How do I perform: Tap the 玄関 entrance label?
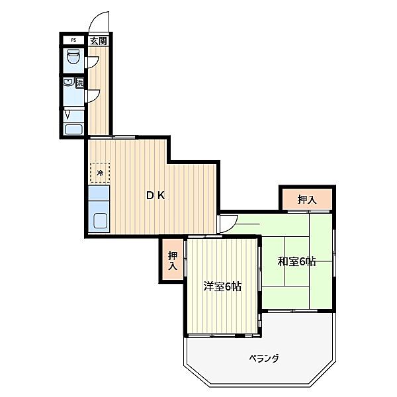click(x=99, y=40)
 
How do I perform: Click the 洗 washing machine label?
click(x=80, y=83)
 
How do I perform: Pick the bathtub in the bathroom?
click(x=73, y=129)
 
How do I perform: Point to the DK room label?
click(x=155, y=195)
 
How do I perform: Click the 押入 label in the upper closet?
click(x=306, y=199)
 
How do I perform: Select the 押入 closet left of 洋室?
click(x=172, y=261)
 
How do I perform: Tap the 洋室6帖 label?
click(x=222, y=287)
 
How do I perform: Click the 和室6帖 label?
click(x=296, y=261)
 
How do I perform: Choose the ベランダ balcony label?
click(x=263, y=359)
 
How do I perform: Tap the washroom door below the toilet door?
click(x=93, y=95)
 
